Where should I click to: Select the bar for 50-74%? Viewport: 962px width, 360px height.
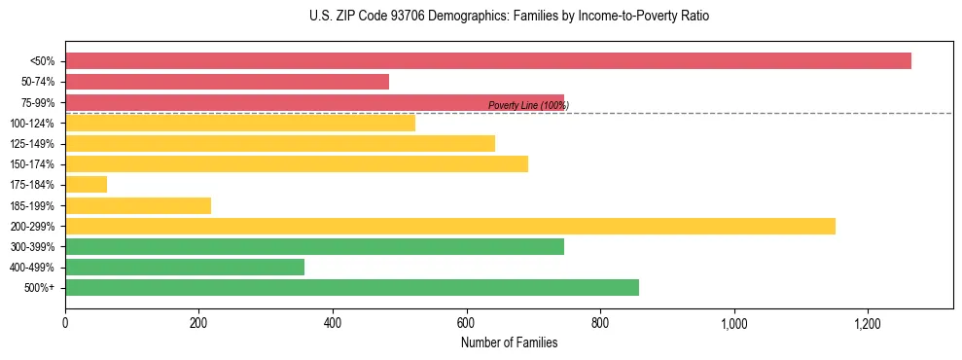[227, 82]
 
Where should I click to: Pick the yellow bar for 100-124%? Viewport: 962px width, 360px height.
[240, 123]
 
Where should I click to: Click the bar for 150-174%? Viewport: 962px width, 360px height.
[297, 163]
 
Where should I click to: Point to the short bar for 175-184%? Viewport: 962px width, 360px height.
[86, 184]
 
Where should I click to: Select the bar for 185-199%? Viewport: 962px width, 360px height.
[138, 205]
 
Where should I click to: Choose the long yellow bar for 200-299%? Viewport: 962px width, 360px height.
[450, 226]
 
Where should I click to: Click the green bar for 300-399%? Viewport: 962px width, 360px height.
[314, 246]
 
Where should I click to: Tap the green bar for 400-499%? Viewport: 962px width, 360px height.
[185, 267]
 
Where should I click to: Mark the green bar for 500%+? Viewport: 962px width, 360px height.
[352, 287]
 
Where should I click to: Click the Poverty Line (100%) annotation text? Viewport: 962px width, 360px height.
[527, 105]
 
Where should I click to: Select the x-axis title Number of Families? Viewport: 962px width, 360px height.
[509, 342]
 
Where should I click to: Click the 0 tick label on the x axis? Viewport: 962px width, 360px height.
[65, 323]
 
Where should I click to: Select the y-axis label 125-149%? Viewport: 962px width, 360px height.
[32, 144]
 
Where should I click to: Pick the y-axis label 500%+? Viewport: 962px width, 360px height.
[40, 288]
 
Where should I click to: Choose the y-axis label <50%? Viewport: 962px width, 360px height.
[42, 61]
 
